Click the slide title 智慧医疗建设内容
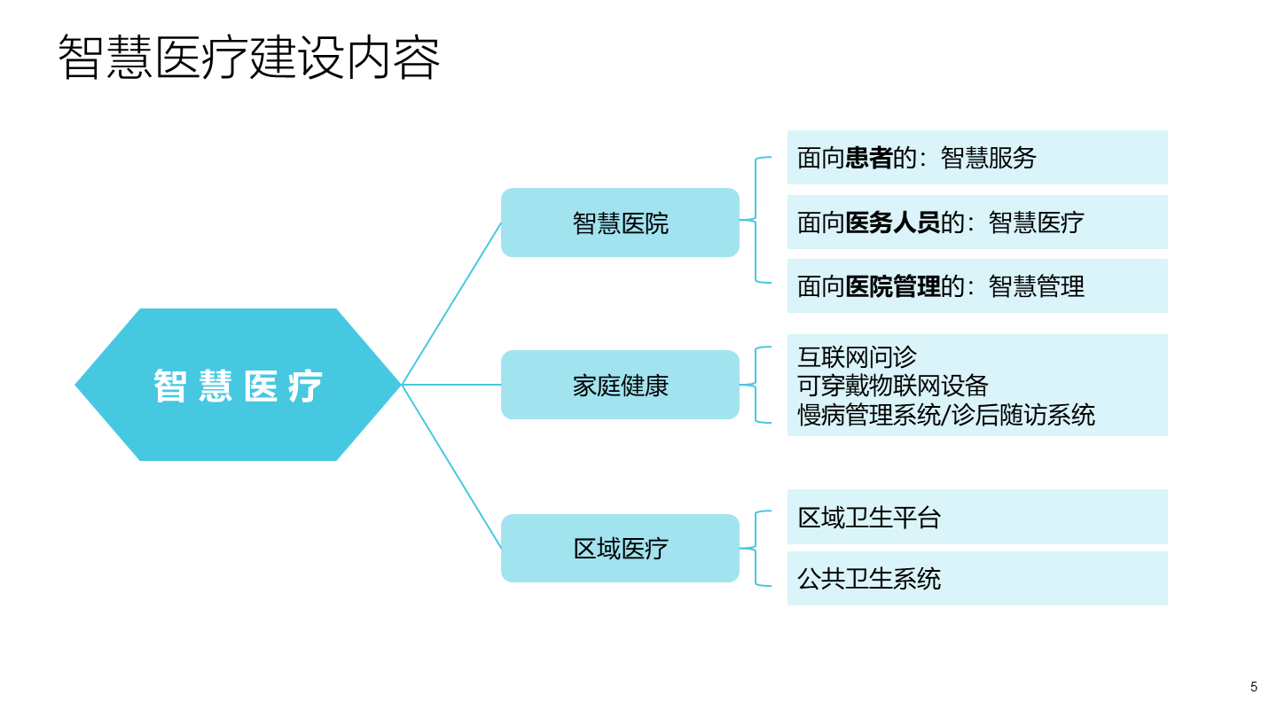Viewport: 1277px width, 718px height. pos(249,59)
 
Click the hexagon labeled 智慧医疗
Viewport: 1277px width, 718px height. pos(238,385)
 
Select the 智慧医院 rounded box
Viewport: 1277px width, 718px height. pos(620,222)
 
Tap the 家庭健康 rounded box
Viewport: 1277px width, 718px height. pos(620,385)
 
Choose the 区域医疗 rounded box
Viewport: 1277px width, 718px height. pos(620,548)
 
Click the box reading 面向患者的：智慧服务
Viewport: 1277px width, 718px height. pos(976,158)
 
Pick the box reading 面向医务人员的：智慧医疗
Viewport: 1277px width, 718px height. pos(976,222)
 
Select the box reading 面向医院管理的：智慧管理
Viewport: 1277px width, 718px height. pos(976,285)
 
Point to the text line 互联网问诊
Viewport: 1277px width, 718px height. pos(857,357)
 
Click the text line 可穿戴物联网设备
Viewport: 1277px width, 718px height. pos(892,386)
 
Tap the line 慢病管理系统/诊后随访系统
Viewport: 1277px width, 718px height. pos(946,414)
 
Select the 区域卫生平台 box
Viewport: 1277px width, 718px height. pos(976,517)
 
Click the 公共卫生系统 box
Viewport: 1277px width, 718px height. pos(976,578)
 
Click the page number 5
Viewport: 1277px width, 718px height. pos(1254,687)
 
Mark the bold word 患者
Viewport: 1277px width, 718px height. pos(868,158)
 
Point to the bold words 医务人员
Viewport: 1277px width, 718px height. pos(892,222)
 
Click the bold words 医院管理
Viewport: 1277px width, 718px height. pos(892,285)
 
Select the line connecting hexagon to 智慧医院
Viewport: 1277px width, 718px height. pos(452,303)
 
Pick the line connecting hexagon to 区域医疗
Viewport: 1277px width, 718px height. pos(452,466)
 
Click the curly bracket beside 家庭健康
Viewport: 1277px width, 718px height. pos(756,385)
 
